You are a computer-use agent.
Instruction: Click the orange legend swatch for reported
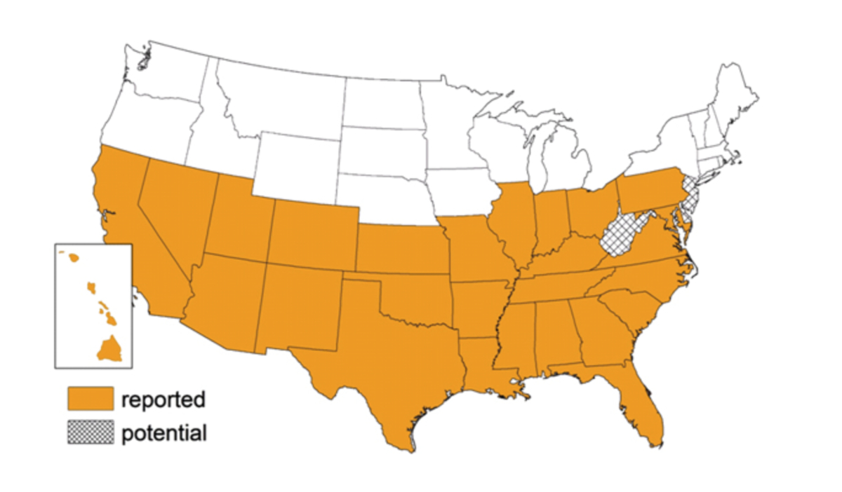91,399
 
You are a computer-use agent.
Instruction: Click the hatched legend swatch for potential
91,432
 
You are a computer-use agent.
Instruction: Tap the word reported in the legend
163,399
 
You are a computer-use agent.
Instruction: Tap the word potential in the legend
164,433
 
